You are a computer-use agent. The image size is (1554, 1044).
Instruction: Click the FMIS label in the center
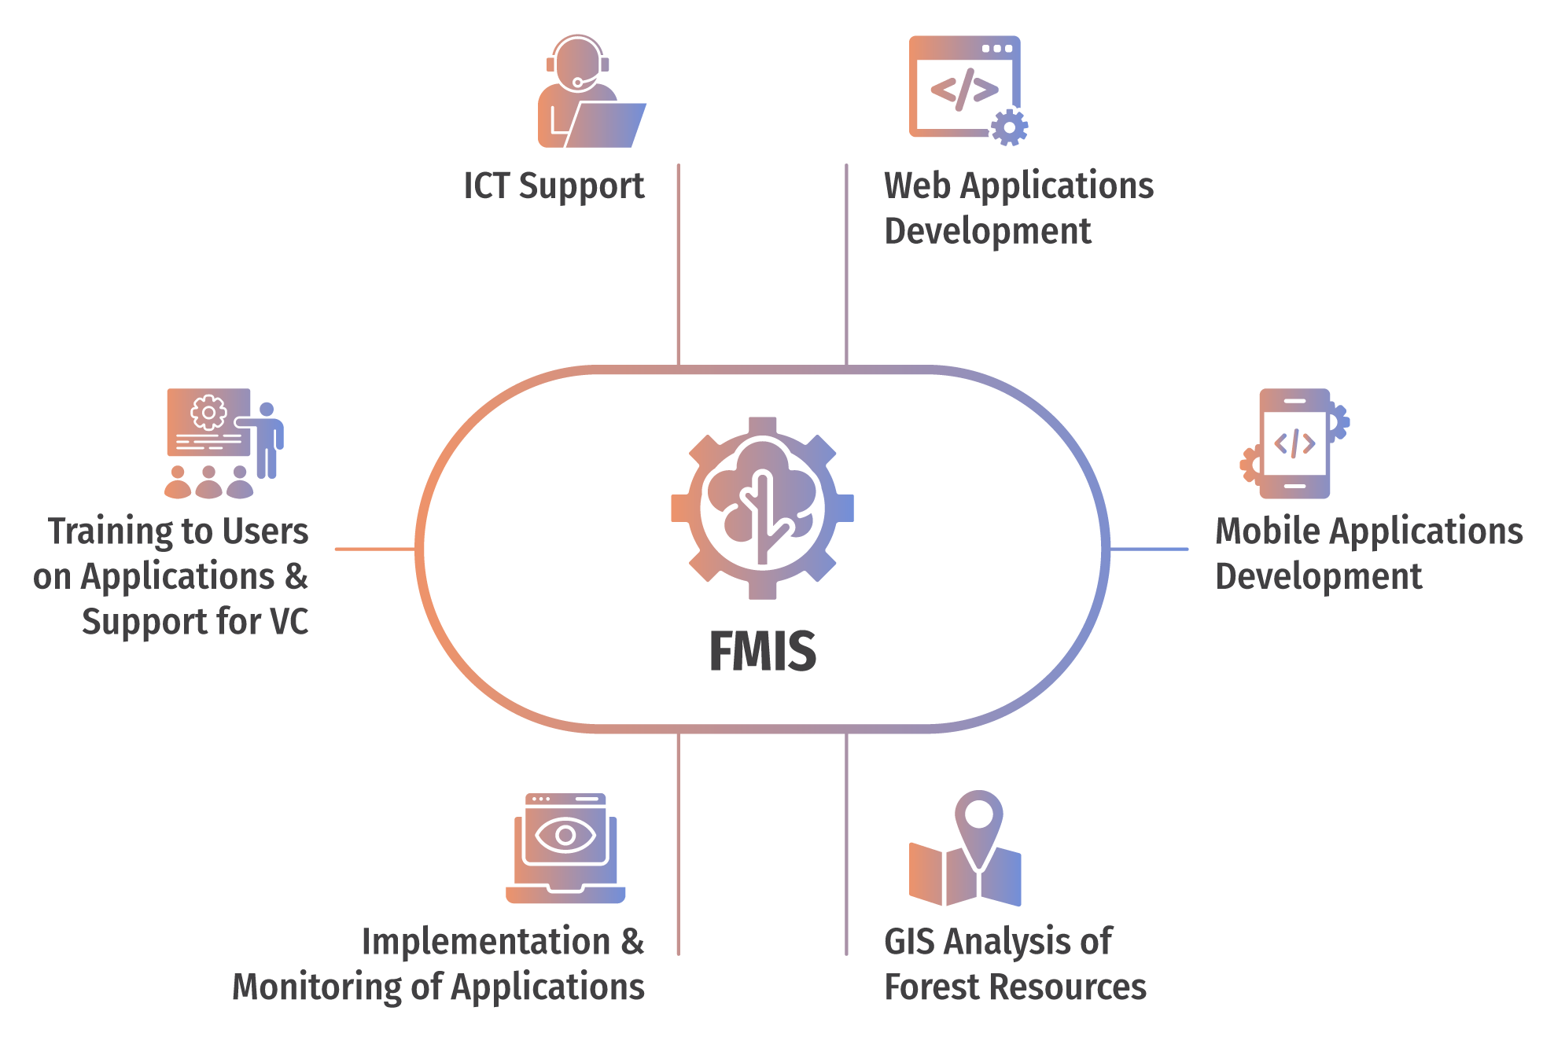point(762,651)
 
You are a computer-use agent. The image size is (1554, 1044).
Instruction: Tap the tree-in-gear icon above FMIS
point(762,508)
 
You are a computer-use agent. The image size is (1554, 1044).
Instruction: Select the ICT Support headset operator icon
point(590,92)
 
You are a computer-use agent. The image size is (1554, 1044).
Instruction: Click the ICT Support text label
point(554,186)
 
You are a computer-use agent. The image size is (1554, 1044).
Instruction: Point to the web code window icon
point(964,86)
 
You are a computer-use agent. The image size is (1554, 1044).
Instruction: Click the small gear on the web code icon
point(1009,127)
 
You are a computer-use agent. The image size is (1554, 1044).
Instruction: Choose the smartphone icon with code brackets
point(1294,444)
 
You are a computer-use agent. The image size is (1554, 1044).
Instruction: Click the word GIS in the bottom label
point(909,942)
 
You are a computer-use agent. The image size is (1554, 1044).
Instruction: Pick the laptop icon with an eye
point(565,849)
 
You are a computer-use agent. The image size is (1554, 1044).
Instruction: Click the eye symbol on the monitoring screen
point(565,835)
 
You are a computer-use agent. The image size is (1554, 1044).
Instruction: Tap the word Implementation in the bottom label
point(485,942)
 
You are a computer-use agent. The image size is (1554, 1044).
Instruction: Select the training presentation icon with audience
point(223,443)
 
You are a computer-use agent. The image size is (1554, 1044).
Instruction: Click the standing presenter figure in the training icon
point(267,440)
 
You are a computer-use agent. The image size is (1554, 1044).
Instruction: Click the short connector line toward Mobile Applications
point(1149,549)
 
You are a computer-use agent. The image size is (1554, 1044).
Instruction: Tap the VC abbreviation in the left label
point(289,622)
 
